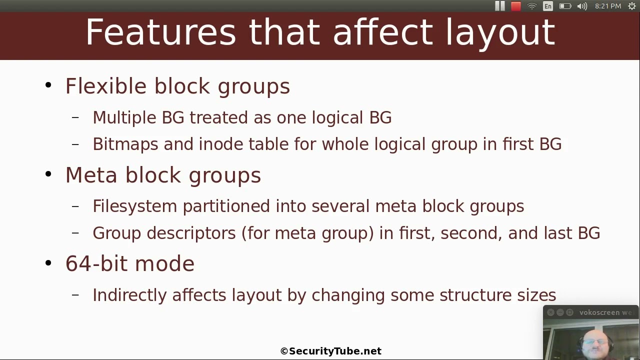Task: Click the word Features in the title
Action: [160, 32]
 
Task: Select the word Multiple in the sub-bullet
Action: [124, 117]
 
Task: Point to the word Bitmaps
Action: [125, 144]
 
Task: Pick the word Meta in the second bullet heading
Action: [92, 175]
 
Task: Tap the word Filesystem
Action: [134, 206]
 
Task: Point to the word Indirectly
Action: [129, 295]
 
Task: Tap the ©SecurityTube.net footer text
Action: [331, 351]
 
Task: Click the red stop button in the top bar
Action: [516, 6]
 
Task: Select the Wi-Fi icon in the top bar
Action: [532, 6]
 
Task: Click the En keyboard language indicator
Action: [548, 6]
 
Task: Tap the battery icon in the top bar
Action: [565, 6]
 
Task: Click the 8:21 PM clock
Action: [608, 6]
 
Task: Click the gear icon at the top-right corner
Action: [632, 6]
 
